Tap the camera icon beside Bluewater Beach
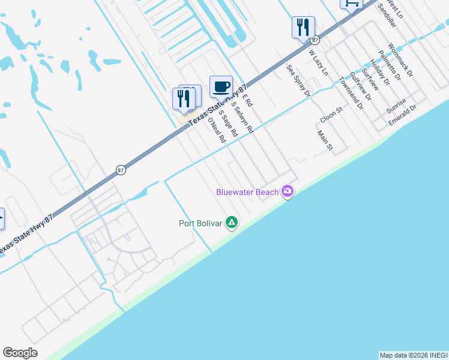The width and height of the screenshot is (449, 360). coord(288,191)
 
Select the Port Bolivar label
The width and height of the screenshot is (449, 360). coord(200,224)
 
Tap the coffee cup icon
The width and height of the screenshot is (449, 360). coord(221,86)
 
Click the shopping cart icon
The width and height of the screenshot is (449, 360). coord(351,3)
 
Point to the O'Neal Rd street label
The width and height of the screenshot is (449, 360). coord(216,130)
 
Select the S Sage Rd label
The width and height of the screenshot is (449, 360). coord(228,123)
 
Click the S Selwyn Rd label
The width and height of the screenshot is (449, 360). coord(242,118)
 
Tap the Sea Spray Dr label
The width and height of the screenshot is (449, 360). coord(298,80)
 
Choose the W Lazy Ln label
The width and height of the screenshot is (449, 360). coord(319,62)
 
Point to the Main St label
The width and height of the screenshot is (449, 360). coord(325,142)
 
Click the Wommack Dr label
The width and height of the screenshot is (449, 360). coord(400,59)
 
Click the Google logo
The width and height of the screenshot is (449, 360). coord(20,353)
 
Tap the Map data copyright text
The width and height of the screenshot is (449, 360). coord(414,355)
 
